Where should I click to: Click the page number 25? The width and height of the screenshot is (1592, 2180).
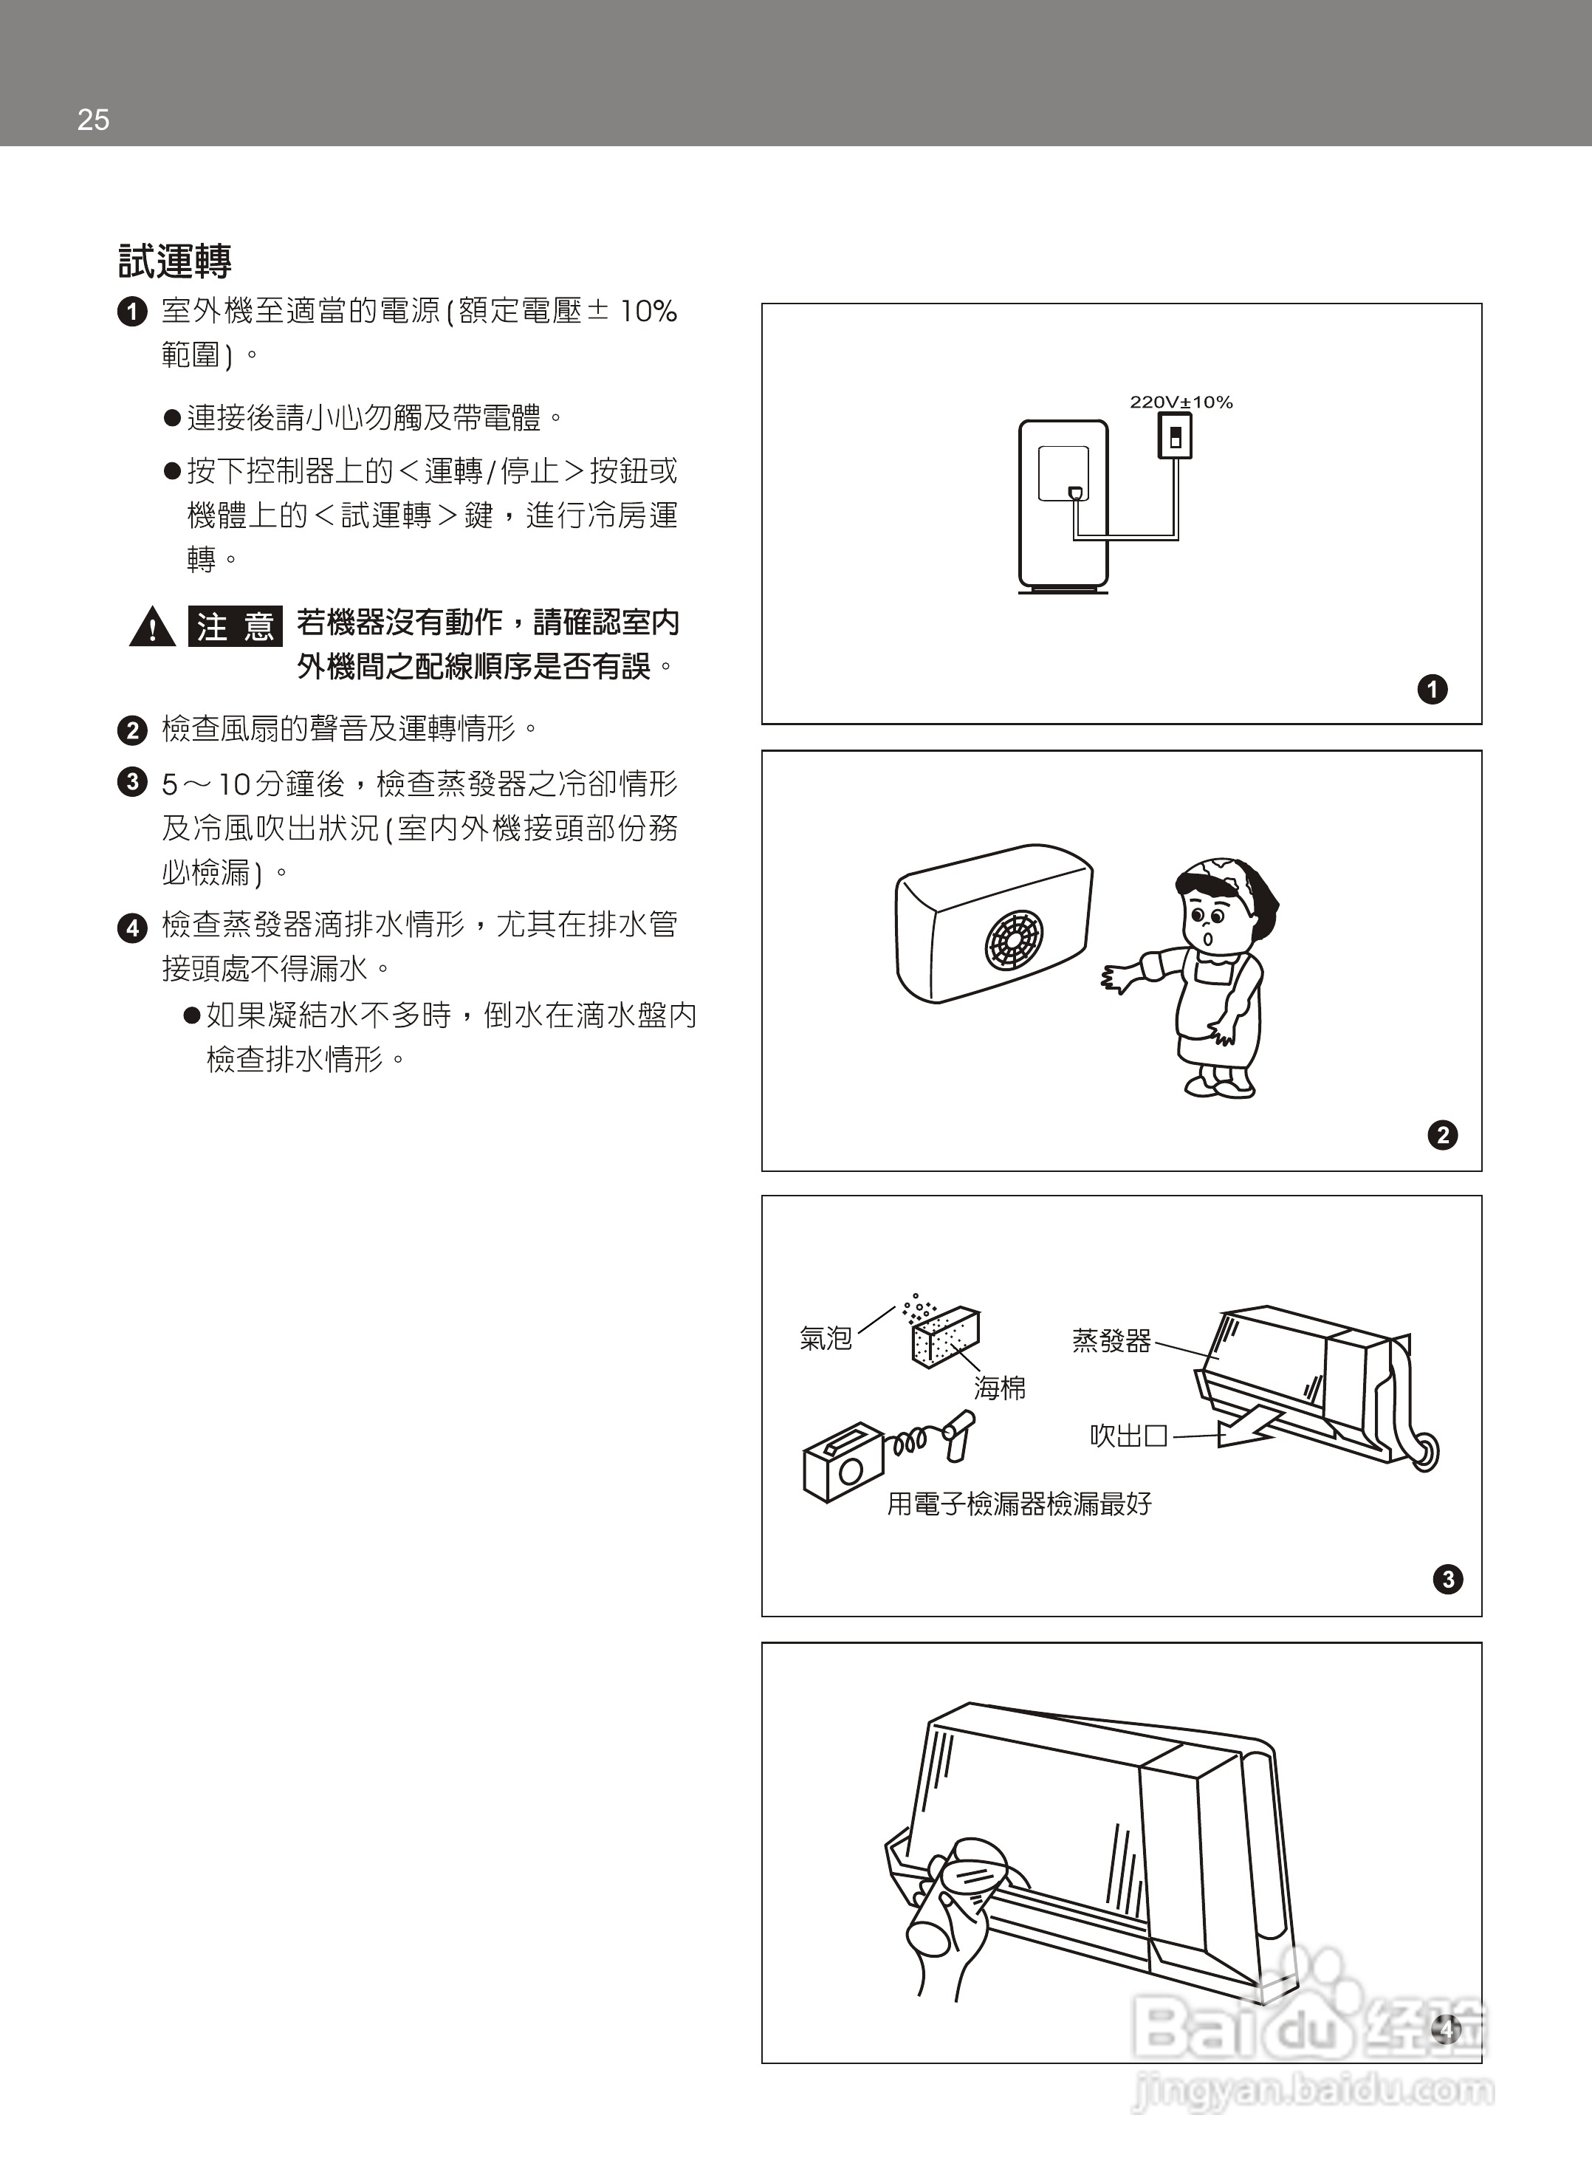pos(94,120)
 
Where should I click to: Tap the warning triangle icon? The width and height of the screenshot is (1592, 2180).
pos(152,628)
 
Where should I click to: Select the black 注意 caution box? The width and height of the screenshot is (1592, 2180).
pos(234,628)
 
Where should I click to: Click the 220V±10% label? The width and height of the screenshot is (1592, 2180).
pos(1181,402)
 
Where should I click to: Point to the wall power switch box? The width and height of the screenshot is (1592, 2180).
pos(1175,436)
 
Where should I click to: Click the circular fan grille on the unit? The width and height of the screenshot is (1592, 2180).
pos(1013,939)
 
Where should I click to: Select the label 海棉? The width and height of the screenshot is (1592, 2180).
pos(999,1388)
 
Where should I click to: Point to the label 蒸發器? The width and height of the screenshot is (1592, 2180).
pos(1111,1340)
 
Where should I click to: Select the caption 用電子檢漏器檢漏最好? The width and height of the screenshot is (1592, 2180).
pos(1018,1504)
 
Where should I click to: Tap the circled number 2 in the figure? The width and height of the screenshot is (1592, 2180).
pos(1443,1134)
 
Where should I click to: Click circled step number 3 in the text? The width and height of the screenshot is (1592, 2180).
pos(132,781)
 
